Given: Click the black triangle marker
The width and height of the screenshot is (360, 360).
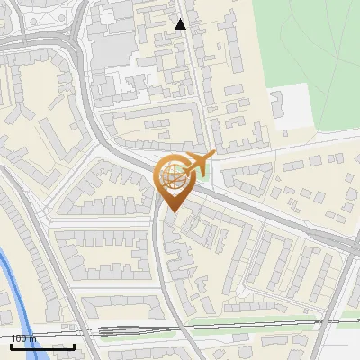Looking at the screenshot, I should (181, 24).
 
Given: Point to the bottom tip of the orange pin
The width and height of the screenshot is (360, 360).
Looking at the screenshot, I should (172, 212).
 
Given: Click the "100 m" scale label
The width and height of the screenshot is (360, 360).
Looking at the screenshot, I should (22, 338).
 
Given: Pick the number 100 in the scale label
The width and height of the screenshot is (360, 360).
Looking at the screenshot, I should (17, 338).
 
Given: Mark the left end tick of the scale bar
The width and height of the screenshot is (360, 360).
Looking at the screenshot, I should (11, 345).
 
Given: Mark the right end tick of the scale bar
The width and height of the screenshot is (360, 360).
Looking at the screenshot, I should (75, 345).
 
